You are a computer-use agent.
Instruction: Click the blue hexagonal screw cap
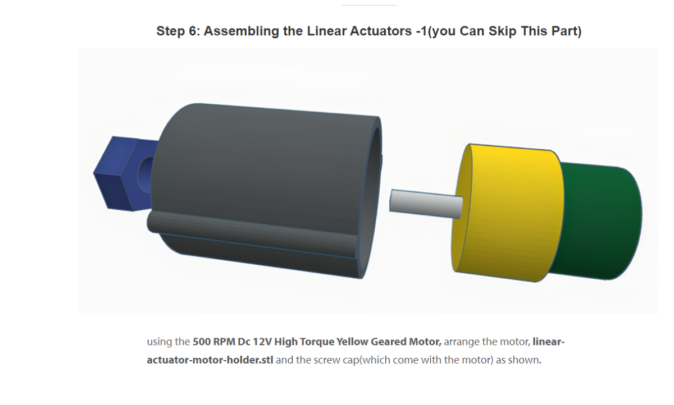pyautogui.click(x=120, y=174)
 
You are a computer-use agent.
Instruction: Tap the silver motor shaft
pyautogui.click(x=426, y=204)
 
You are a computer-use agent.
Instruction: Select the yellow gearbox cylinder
pyautogui.click(x=508, y=213)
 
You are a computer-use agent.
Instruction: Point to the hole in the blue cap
pyautogui.click(x=145, y=175)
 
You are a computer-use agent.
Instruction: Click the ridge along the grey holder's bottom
pyautogui.click(x=253, y=234)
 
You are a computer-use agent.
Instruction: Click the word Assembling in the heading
pyautogui.click(x=242, y=31)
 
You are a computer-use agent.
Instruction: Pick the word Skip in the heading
pyautogui.click(x=503, y=31)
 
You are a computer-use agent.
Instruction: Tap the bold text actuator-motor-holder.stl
pyautogui.click(x=210, y=360)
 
